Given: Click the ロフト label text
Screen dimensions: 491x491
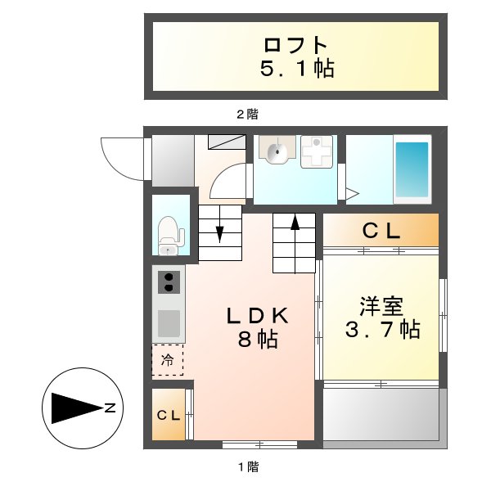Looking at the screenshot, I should click(x=295, y=44).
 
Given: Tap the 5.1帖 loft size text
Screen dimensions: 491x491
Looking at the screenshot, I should click(x=296, y=69).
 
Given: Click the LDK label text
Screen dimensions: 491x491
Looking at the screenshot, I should click(x=255, y=314).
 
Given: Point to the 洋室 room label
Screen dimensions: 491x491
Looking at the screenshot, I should click(x=381, y=308).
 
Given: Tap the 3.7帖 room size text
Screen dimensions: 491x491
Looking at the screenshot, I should click(x=381, y=330).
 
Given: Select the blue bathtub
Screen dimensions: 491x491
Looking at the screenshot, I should click(x=412, y=170).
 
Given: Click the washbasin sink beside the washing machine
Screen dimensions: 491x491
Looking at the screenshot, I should click(x=275, y=150).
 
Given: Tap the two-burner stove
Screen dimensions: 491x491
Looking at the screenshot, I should click(x=169, y=282).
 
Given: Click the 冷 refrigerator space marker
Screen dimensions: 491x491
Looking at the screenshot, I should click(x=168, y=359).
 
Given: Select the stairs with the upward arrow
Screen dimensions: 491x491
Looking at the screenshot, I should click(x=294, y=242).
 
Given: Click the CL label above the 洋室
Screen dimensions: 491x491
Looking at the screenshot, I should click(x=381, y=232).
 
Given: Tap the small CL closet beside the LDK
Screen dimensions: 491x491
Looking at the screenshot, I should click(x=169, y=415).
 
